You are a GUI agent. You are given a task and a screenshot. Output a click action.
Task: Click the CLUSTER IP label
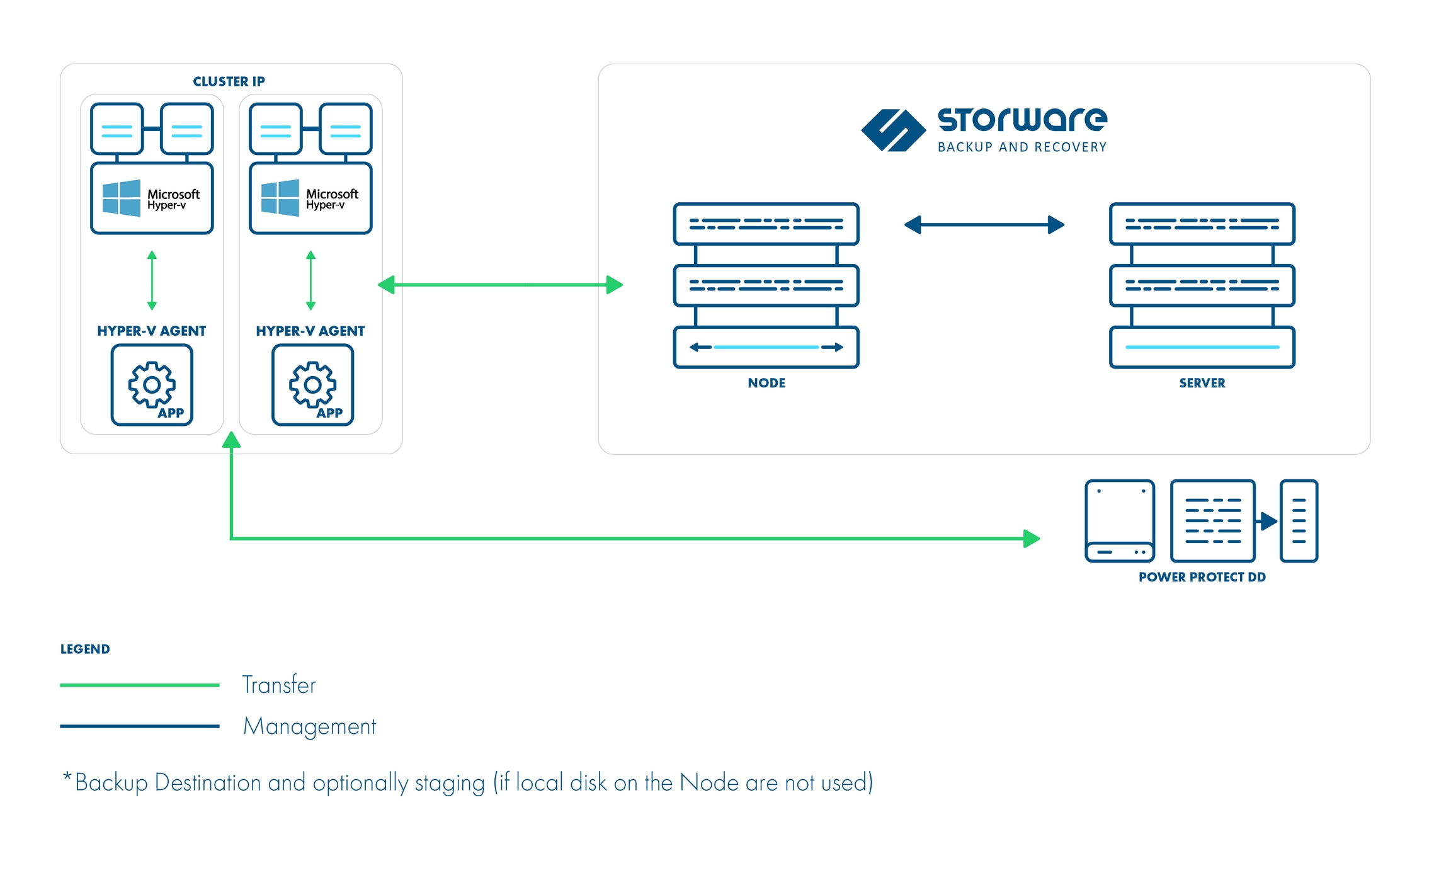[x=229, y=81]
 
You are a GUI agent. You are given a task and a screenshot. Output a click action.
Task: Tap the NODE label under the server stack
[x=766, y=383]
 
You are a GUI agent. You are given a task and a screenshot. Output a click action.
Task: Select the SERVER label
[x=1202, y=383]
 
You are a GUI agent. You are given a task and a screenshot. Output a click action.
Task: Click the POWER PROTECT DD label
[x=1202, y=577]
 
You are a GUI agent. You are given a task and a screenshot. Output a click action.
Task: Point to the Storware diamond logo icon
[x=893, y=130]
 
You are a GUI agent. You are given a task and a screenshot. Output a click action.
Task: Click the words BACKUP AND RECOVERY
[x=1021, y=147]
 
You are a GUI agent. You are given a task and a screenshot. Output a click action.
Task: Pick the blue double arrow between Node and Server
[x=984, y=225]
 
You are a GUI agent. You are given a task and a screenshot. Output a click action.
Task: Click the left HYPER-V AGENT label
[x=151, y=331]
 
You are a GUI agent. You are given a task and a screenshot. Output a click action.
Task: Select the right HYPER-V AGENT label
[x=310, y=331]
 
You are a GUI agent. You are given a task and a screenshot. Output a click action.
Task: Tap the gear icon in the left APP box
[x=151, y=384]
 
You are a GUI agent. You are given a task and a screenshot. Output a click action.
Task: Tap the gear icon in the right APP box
[x=312, y=384]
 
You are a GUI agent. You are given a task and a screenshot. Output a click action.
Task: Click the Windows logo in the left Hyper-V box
[x=122, y=198]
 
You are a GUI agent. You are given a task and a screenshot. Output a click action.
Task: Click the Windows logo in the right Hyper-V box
[x=280, y=198]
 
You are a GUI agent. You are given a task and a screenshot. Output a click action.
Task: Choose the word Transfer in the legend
[x=279, y=685]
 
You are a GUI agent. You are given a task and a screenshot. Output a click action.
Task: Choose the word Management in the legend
[x=309, y=726]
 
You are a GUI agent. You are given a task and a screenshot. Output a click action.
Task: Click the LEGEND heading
[x=85, y=649]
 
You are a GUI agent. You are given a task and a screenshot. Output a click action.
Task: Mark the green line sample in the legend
[x=139, y=685]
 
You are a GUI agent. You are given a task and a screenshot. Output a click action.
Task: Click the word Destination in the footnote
[x=208, y=782]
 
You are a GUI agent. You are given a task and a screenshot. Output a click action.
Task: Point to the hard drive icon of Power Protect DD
[x=1120, y=521]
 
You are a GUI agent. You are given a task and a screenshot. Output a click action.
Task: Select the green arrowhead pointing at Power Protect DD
[x=1031, y=539]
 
